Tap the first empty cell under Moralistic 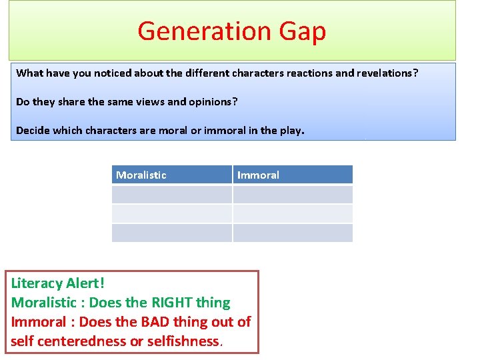(x=171, y=194)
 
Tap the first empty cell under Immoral (x=293, y=194)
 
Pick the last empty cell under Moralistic (x=171, y=233)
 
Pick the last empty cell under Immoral (x=293, y=233)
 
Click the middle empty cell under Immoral (x=293, y=213)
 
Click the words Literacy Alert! (x=58, y=283)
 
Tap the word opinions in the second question (x=214, y=101)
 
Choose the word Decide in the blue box (x=33, y=130)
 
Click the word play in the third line (x=291, y=131)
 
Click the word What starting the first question (x=29, y=73)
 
